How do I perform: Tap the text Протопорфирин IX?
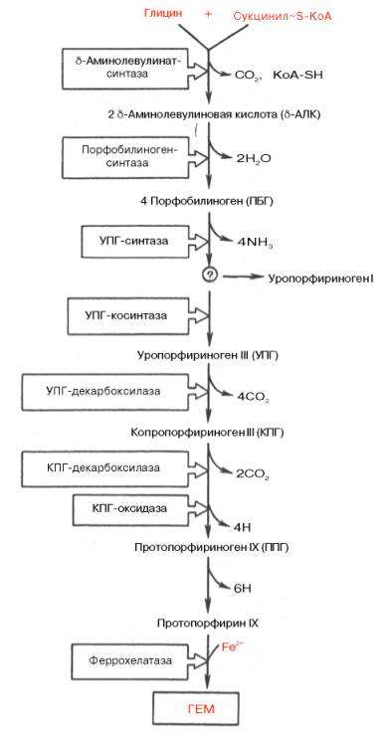pos(208,623)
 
